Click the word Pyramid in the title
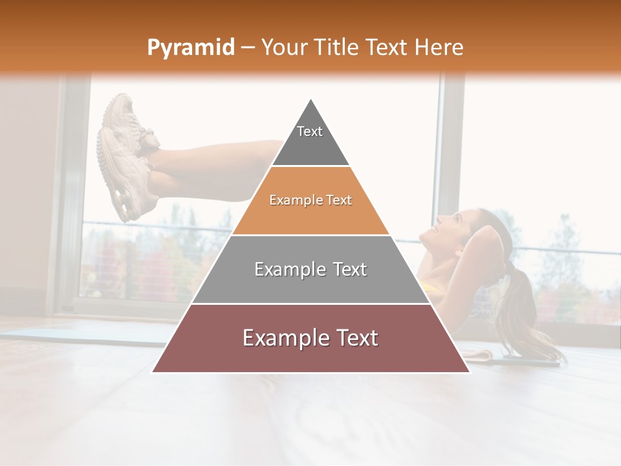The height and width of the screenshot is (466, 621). coord(190,48)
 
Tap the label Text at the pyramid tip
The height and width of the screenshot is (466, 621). coord(310,131)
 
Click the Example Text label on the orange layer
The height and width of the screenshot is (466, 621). coord(310,201)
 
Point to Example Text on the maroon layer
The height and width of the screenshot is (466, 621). coord(310,338)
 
